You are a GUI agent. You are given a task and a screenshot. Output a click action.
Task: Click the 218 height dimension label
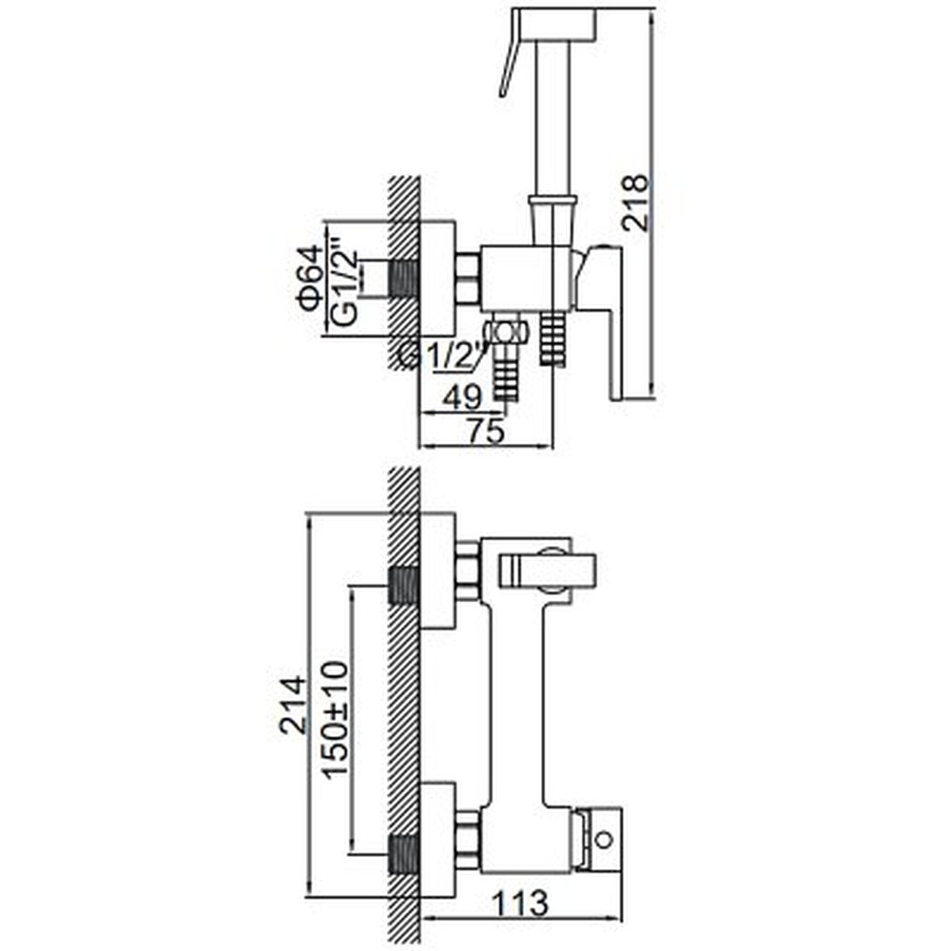pyautogui.click(x=635, y=202)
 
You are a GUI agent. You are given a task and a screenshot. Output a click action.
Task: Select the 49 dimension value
pyautogui.click(x=462, y=398)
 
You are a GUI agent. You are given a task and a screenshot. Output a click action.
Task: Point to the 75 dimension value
pyautogui.click(x=485, y=431)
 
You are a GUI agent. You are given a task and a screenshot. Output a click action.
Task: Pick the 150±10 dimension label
pyautogui.click(x=336, y=719)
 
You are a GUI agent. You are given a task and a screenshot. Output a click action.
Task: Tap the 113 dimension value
pyautogui.click(x=520, y=903)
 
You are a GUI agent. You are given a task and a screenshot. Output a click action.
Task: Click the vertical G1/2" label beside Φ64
pyautogui.click(x=345, y=286)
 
